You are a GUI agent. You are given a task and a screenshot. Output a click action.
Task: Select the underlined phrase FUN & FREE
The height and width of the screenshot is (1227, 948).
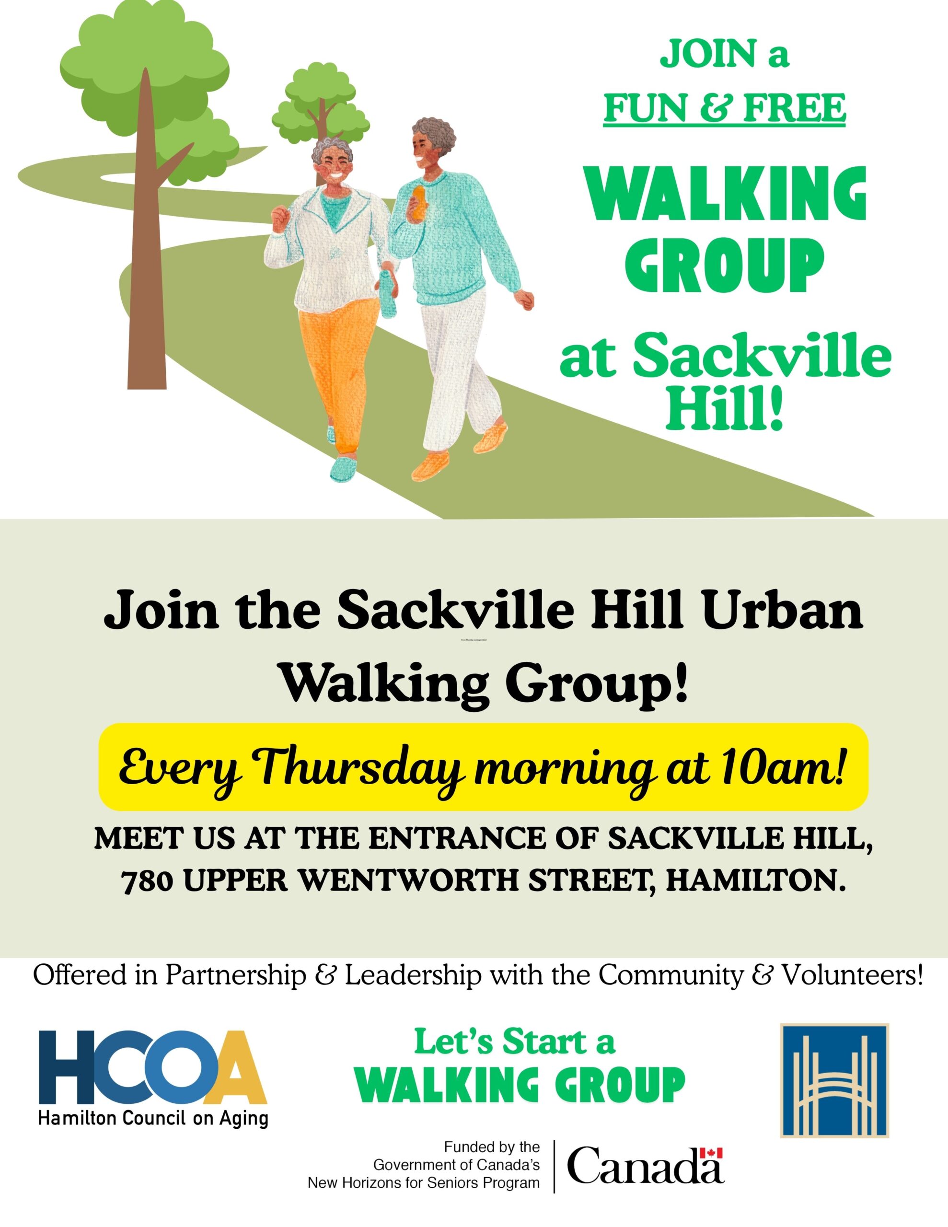(724, 108)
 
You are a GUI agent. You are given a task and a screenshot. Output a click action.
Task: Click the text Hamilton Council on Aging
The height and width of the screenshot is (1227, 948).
(153, 1118)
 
